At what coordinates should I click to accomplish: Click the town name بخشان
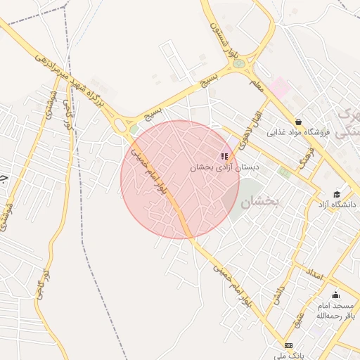(x=260, y=202)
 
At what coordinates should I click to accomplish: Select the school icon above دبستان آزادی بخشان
(x=224, y=156)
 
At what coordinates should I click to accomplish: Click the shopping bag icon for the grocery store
(x=299, y=122)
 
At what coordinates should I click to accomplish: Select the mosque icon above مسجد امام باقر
(x=335, y=295)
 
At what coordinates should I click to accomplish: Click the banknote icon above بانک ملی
(x=289, y=345)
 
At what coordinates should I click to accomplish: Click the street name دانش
(x=279, y=294)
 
